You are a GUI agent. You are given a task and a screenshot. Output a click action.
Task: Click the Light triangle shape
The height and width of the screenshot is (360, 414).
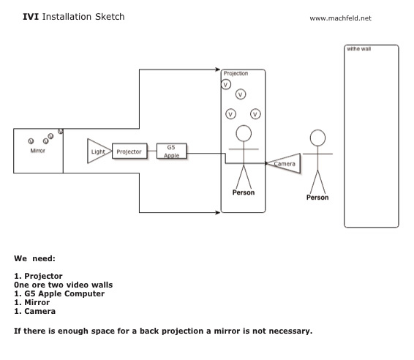pyautogui.click(x=99, y=151)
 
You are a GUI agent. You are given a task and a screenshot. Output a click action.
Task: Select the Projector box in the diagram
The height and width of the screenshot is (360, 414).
pyautogui.click(x=129, y=151)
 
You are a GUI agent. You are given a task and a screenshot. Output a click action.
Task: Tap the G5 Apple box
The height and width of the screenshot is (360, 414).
pyautogui.click(x=172, y=151)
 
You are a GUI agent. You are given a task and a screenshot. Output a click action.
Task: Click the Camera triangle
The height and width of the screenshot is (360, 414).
pyautogui.click(x=284, y=163)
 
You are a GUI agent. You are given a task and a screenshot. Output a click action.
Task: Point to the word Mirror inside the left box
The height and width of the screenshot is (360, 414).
pyautogui.click(x=37, y=151)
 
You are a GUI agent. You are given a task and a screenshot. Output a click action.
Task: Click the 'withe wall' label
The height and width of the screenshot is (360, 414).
pyautogui.click(x=359, y=49)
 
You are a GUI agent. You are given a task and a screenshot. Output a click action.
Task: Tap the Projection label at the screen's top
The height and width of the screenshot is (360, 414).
pyautogui.click(x=236, y=73)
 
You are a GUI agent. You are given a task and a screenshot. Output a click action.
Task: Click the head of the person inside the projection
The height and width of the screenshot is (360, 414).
pyautogui.click(x=244, y=133)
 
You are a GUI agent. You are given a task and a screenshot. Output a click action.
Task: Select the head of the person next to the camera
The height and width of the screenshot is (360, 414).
pyautogui.click(x=317, y=138)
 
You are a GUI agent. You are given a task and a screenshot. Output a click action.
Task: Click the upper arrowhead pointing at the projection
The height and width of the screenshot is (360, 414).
pyautogui.click(x=217, y=70)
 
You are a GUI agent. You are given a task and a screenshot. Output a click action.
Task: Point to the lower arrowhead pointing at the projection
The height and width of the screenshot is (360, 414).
pyautogui.click(x=217, y=212)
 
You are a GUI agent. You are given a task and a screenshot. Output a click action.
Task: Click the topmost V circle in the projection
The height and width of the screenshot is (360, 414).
pyautogui.click(x=226, y=85)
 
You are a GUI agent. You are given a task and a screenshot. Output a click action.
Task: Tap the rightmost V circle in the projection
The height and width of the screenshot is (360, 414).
pyautogui.click(x=255, y=114)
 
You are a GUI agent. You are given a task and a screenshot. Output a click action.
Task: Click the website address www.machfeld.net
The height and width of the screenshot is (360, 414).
pyautogui.click(x=340, y=18)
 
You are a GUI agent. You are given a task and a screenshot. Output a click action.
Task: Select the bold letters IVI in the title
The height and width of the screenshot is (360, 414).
pyautogui.click(x=31, y=17)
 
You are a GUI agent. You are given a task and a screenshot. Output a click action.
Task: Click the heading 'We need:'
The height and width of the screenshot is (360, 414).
pyautogui.click(x=34, y=258)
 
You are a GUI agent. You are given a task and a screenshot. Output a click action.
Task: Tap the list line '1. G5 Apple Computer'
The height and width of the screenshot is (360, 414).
pyautogui.click(x=59, y=293)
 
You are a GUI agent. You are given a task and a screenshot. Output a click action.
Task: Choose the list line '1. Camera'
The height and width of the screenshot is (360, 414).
pyautogui.click(x=34, y=311)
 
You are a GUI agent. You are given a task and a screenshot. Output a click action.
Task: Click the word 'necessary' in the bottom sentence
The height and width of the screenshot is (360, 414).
pyautogui.click(x=290, y=331)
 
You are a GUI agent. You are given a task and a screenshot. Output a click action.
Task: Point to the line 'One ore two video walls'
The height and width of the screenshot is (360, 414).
pyautogui.click(x=64, y=285)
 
